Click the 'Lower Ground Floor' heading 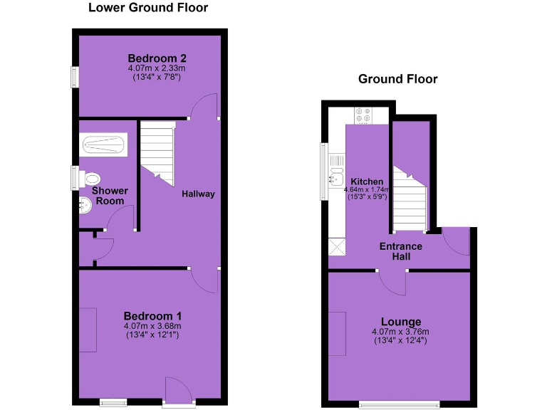(x=148, y=9)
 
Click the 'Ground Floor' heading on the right (x=397, y=79)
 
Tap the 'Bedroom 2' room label (x=157, y=58)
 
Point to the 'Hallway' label (x=197, y=194)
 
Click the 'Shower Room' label (x=110, y=196)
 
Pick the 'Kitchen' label (x=367, y=182)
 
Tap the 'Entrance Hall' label (x=400, y=251)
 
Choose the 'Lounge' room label (x=400, y=322)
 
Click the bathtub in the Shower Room (x=104, y=146)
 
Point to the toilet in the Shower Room (x=90, y=177)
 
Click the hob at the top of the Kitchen (x=363, y=115)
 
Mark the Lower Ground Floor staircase (x=158, y=154)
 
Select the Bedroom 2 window (x=74, y=78)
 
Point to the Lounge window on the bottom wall (x=400, y=404)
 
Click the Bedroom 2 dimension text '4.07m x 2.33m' (x=157, y=68)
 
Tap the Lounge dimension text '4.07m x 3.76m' (x=400, y=332)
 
